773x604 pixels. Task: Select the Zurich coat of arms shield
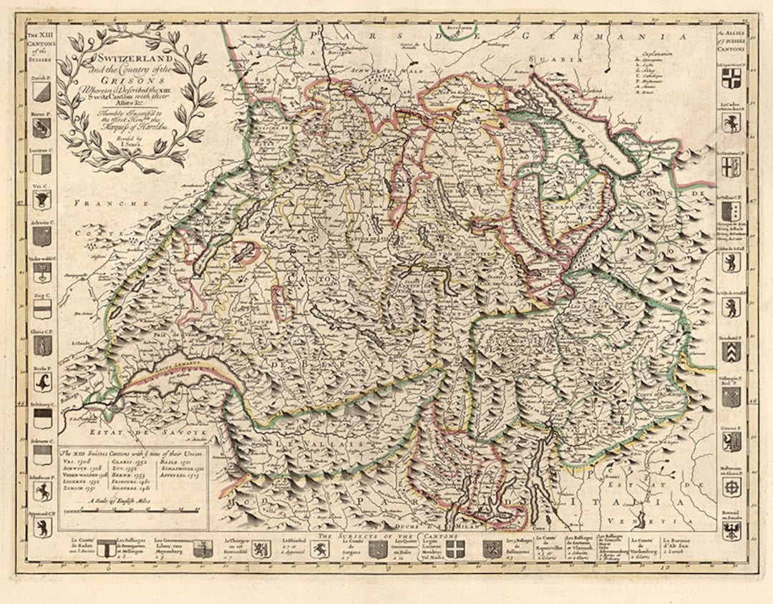pyautogui.click(x=42, y=91)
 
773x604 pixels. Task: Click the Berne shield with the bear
pyautogui.click(x=42, y=127)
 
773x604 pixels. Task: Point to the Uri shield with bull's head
pyautogui.click(x=42, y=200)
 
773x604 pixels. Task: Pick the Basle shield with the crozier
pyautogui.click(x=42, y=381)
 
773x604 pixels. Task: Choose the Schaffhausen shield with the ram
pyautogui.click(x=42, y=491)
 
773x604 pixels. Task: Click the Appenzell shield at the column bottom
pyautogui.click(x=42, y=527)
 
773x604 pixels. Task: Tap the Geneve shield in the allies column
pyautogui.click(x=731, y=441)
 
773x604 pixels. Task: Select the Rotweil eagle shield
pyautogui.click(x=731, y=530)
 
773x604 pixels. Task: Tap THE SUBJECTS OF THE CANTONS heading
pyautogui.click(x=386, y=535)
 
